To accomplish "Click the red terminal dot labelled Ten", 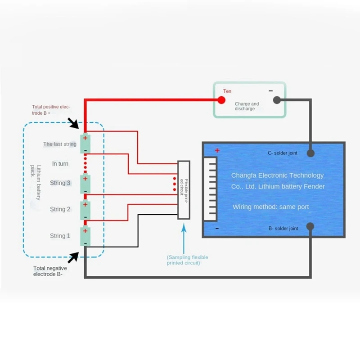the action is click(x=221, y=100).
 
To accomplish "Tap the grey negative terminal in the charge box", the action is click(x=277, y=100).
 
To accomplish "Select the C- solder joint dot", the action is click(x=310, y=153).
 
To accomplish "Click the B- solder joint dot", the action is click(x=310, y=226).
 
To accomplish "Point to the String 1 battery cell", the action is click(x=85, y=237).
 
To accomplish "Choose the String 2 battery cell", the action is click(x=85, y=210).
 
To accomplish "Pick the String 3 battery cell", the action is click(x=85, y=184).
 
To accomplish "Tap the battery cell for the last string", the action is click(x=85, y=144).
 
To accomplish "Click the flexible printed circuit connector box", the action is click(x=184, y=190).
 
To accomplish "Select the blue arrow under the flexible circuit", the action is click(x=184, y=238).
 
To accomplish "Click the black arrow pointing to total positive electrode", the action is click(x=73, y=123).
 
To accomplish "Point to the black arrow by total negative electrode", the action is click(x=73, y=257).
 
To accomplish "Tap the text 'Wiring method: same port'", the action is click(x=271, y=207).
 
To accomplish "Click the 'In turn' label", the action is click(x=60, y=164).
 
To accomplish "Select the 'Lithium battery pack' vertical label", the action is click(x=36, y=183).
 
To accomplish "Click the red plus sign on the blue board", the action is click(x=217, y=150).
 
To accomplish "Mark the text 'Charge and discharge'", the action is click(x=247, y=106).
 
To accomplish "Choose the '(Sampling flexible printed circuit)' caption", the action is click(x=187, y=260).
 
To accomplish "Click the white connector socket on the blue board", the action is click(x=210, y=189).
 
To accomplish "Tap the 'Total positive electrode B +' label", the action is click(x=51, y=110).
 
